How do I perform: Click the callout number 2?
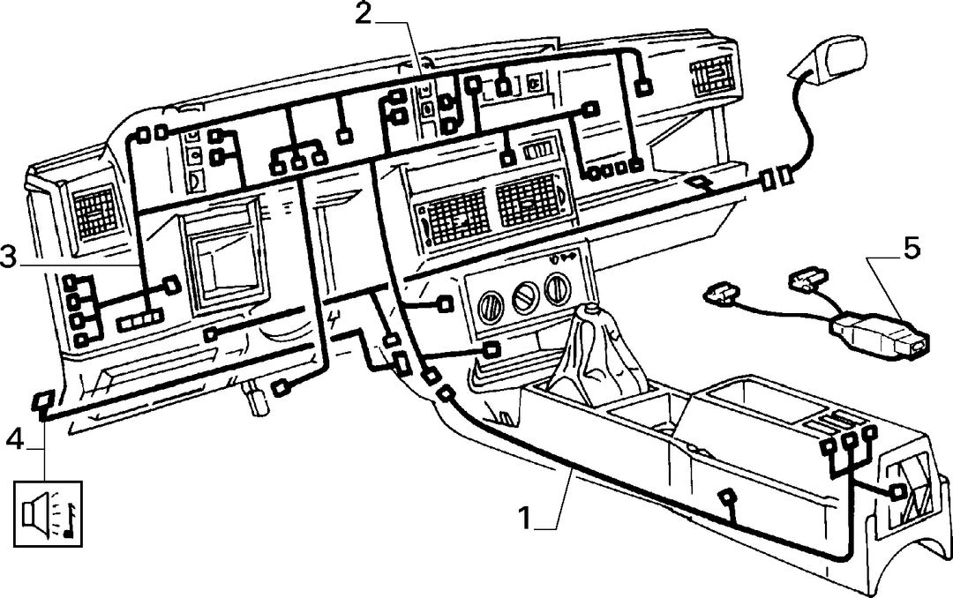click(363, 13)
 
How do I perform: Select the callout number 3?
click(9, 257)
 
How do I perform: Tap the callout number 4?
click(15, 438)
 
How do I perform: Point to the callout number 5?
click(912, 249)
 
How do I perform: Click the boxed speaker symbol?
click(48, 513)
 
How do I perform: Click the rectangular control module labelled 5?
click(880, 334)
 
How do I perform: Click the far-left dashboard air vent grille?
click(94, 211)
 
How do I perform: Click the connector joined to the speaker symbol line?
click(42, 402)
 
